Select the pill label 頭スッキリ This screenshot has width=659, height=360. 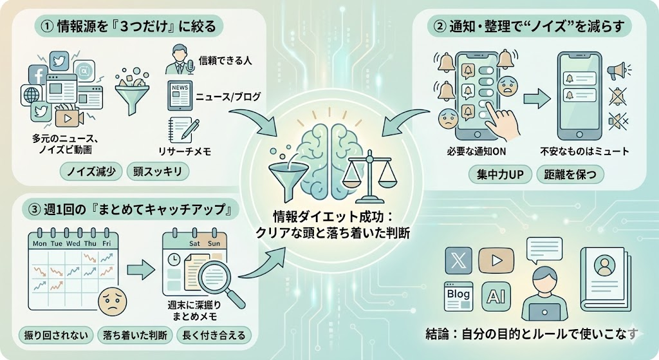(158, 171)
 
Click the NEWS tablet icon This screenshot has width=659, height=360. (181, 95)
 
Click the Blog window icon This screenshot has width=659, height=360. (458, 295)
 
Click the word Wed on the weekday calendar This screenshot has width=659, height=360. (73, 244)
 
